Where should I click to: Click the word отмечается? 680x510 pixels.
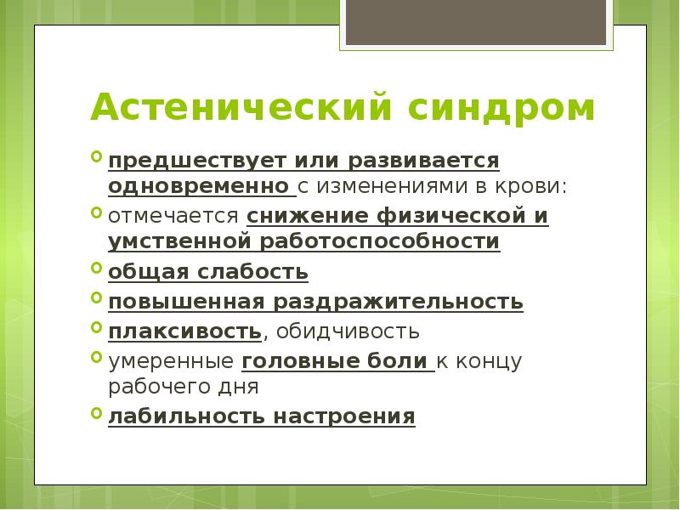[174, 216]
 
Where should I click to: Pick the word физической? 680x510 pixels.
[442, 216]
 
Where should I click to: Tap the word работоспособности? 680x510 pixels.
[382, 241]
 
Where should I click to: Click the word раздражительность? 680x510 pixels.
[398, 302]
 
